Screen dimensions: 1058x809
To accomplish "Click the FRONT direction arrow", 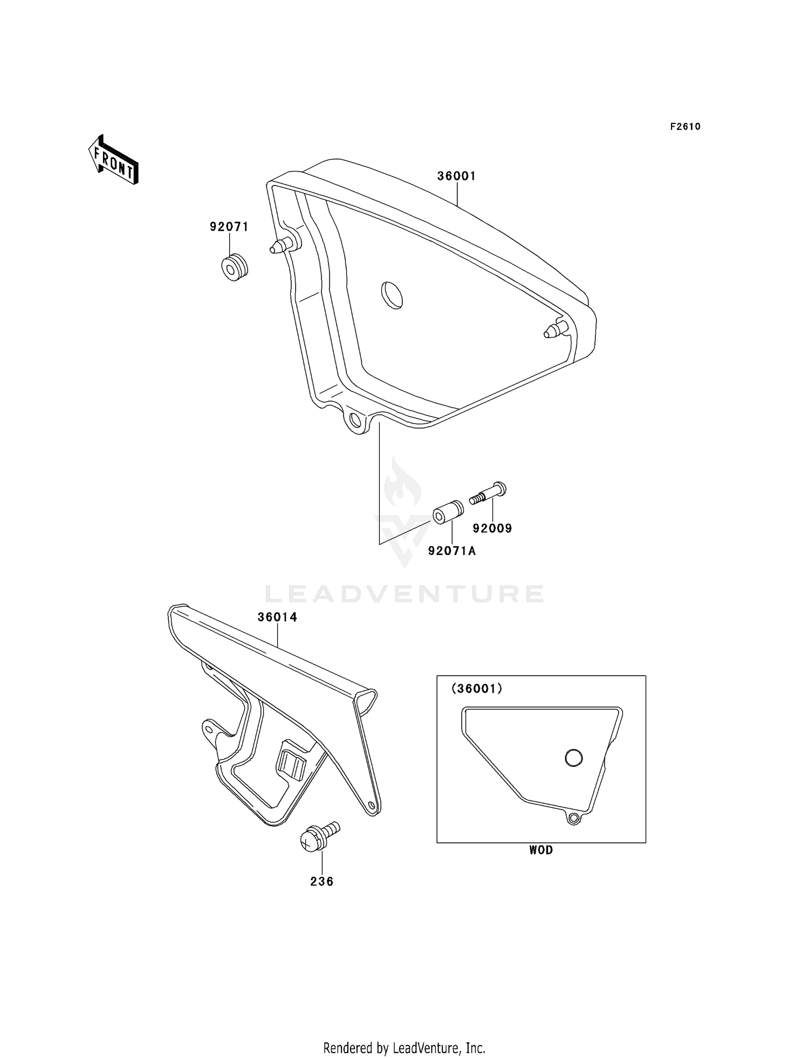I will pos(113,161).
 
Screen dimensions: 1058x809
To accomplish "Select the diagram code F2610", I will pos(685,127).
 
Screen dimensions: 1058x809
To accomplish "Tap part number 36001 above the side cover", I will pos(456,176).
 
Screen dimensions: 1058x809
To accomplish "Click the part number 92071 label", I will pos(229,227).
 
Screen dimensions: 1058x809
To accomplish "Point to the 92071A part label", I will pos(452,551).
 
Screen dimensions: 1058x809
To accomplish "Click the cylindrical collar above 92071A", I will pos(447,512).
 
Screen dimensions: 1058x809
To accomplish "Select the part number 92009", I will pos(492,528).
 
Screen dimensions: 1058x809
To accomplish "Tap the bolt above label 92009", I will pos(488,493).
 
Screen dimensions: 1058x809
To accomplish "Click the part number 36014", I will pos(277,617).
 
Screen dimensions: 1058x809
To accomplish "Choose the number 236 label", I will pos(321,882).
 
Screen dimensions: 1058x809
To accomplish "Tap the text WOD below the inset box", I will pos(541,850).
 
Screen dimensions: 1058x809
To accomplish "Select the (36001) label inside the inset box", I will pos(477,689).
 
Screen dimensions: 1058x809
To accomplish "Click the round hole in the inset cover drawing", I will pos(573,758).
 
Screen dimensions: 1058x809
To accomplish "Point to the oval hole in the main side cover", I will pos(392,294).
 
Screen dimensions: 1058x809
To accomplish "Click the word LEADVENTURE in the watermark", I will pos(404,594).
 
